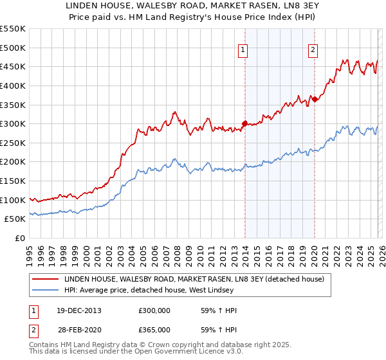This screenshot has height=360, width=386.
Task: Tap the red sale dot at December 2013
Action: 244,123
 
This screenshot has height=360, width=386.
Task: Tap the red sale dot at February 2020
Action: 315,98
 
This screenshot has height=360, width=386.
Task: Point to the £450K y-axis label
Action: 13,66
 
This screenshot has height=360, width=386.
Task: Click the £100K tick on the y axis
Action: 13,200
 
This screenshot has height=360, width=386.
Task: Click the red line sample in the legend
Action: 46,279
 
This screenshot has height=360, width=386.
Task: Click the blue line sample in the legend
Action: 46,291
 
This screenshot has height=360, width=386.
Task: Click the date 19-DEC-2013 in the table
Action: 78,310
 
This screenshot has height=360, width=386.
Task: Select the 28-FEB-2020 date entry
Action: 78,328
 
